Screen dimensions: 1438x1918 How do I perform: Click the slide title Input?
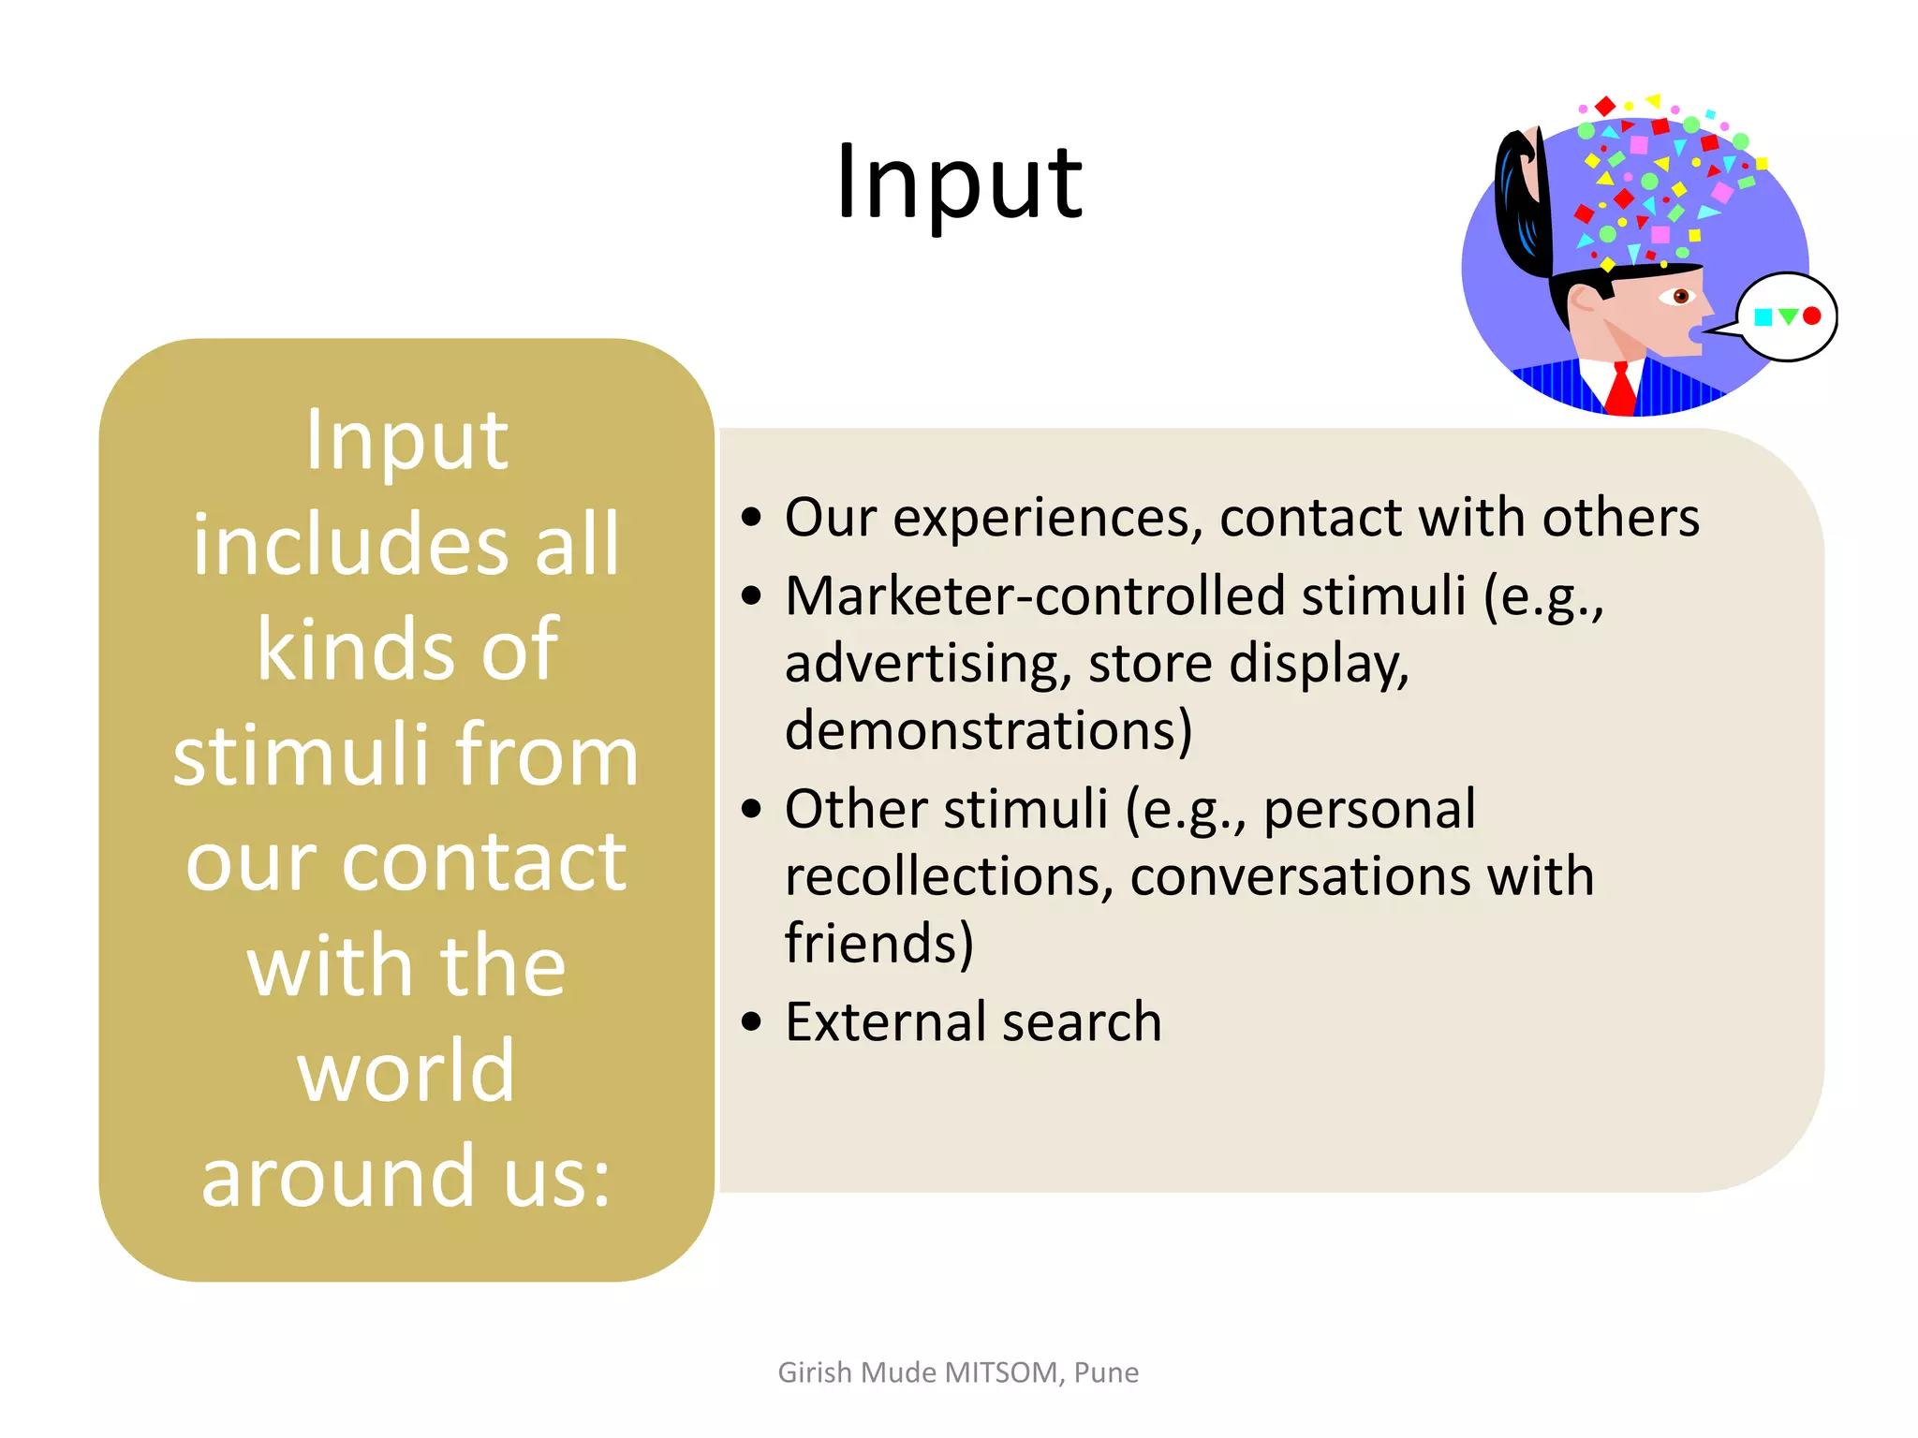tap(959, 183)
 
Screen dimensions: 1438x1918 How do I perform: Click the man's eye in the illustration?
tap(1679, 297)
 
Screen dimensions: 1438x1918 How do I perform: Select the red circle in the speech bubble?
tap(1811, 316)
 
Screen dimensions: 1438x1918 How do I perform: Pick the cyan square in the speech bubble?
tap(1763, 317)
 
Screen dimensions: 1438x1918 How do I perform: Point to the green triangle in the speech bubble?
tap(1787, 316)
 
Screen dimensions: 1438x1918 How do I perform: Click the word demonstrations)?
tap(988, 730)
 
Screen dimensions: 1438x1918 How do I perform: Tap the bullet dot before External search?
tap(751, 1022)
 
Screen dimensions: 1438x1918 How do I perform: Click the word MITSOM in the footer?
tap(1000, 1372)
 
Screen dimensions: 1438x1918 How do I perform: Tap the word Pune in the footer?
tap(1106, 1372)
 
